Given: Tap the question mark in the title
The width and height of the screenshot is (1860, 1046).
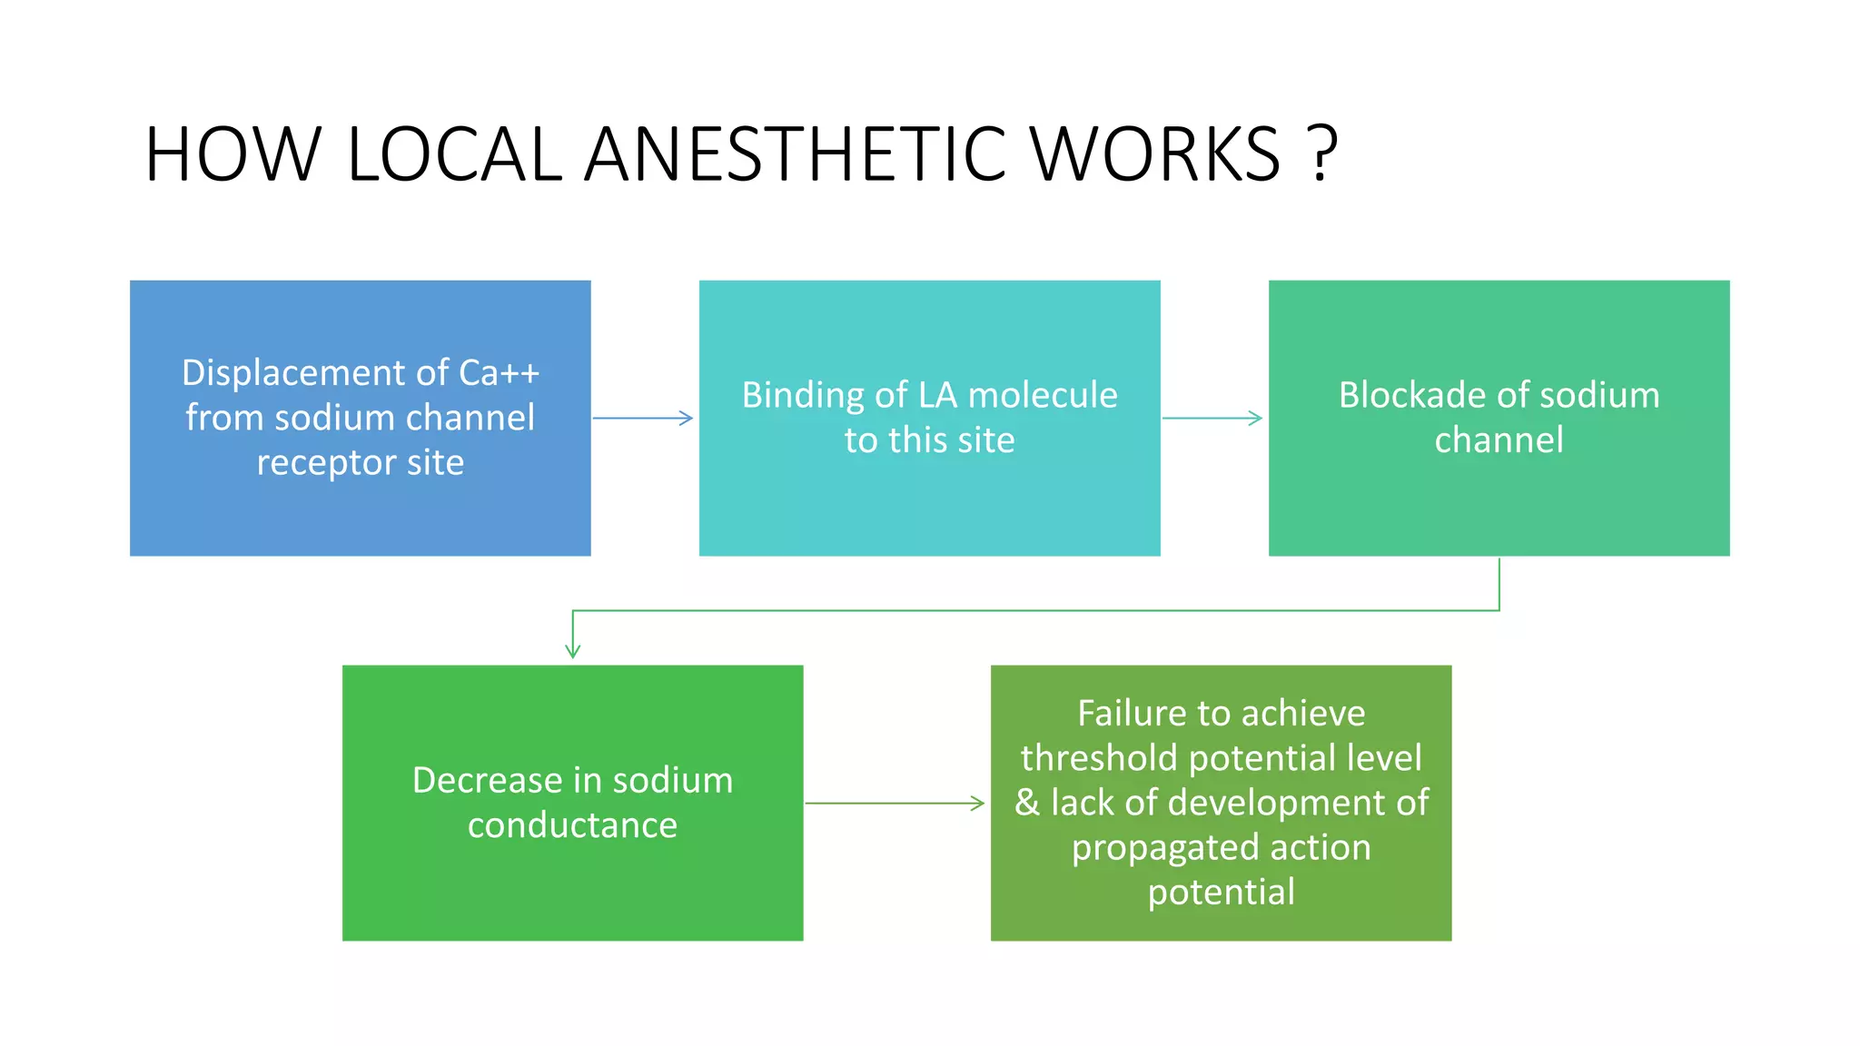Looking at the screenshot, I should (1323, 153).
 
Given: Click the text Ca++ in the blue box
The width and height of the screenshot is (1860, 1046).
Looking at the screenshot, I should (499, 373).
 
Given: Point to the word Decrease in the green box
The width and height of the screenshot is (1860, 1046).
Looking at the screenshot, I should (487, 781).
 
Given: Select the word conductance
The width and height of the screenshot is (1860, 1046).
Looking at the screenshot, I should (572, 825).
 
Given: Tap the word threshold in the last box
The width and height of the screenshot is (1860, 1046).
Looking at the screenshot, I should (1098, 758).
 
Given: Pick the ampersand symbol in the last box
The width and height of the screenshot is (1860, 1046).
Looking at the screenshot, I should (1027, 803).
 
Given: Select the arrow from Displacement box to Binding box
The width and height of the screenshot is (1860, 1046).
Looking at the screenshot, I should (643, 419).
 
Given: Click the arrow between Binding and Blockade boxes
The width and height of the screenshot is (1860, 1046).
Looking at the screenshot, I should (1212, 419).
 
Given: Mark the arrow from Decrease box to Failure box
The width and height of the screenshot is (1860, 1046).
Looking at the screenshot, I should (895, 804).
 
